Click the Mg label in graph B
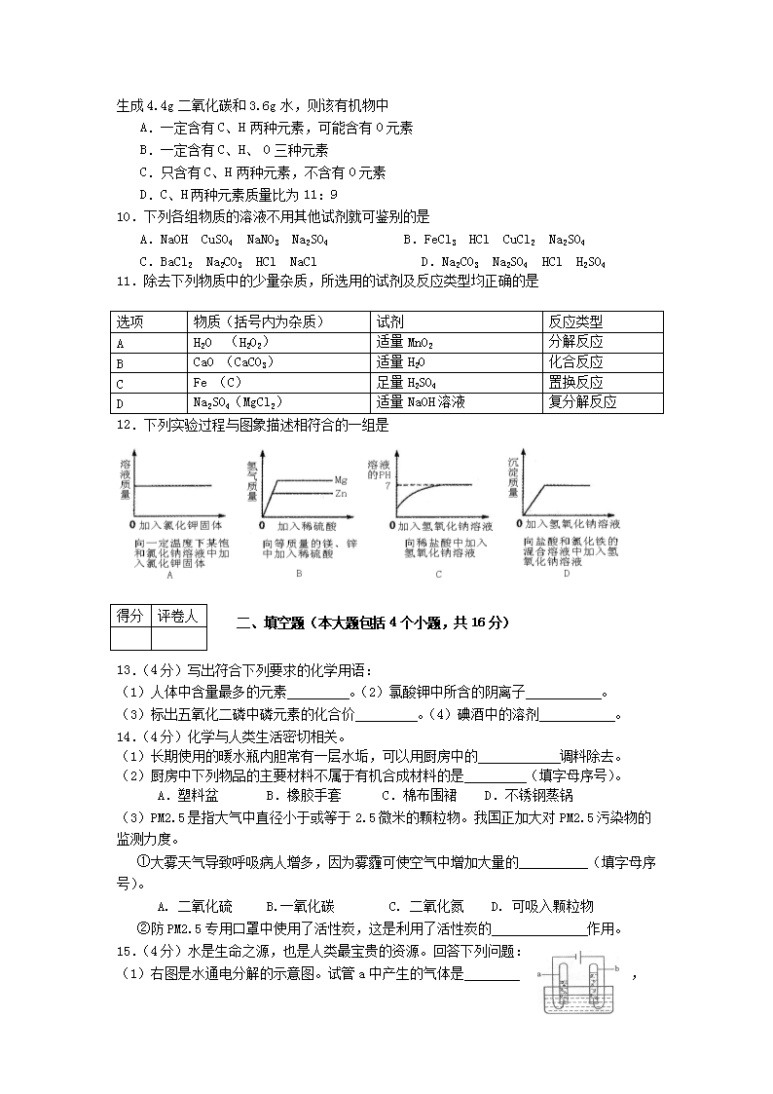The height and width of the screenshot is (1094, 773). click(341, 480)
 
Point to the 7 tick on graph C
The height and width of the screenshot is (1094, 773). click(387, 485)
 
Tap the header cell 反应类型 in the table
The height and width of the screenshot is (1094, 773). click(575, 321)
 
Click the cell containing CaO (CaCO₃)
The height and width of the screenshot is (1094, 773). click(232, 362)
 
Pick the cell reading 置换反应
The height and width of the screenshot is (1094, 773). click(575, 383)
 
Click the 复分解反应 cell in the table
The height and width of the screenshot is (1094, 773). click(582, 402)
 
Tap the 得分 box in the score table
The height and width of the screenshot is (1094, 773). click(129, 616)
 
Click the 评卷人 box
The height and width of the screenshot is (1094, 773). click(178, 616)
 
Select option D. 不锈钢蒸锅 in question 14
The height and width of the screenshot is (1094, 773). click(534, 795)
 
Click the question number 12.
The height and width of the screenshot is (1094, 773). click(124, 425)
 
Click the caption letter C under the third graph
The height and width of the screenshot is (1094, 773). click(438, 575)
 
